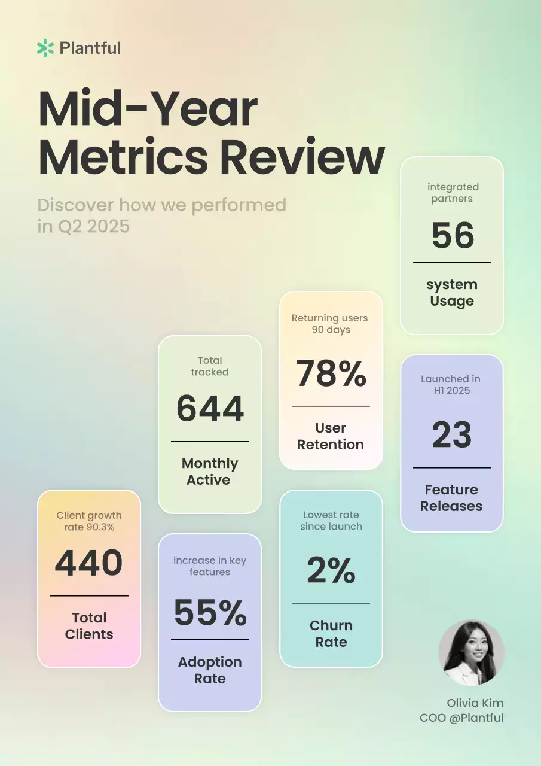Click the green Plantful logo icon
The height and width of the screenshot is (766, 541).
coord(45,48)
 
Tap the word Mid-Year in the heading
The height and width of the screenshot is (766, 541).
coord(148,109)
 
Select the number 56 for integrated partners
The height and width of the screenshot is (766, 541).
coord(453,235)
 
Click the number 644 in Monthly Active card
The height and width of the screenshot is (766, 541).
coord(210,409)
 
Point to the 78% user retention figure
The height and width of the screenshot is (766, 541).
coord(331,373)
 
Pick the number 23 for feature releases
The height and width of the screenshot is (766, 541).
coord(452,434)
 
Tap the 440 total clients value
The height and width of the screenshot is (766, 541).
coord(89,563)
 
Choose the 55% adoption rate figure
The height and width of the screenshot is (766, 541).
coord(210,612)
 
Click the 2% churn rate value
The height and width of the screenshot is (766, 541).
coord(331,570)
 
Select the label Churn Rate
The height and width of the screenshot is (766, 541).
coord(331,634)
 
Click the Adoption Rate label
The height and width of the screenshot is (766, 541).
coord(210,670)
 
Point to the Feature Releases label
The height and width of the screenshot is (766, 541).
coord(451,498)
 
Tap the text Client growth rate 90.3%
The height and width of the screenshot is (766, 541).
coord(89,521)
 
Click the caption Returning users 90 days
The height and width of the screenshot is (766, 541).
coord(330,324)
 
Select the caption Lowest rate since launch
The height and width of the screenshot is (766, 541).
coord(331,521)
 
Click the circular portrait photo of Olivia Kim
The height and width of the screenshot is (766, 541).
coord(471,652)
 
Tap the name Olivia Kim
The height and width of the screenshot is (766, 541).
coord(475,703)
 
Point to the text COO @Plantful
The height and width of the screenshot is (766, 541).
coord(461,718)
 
